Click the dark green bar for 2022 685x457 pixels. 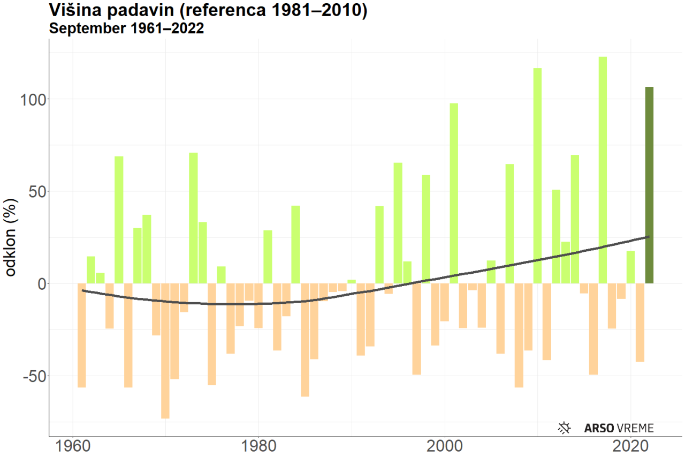tap(649, 185)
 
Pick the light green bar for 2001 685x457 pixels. tap(454, 193)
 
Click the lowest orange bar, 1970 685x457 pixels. tap(165, 350)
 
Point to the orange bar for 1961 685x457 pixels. tap(82, 335)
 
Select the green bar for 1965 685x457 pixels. tap(119, 220)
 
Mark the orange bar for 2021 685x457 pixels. tap(640, 323)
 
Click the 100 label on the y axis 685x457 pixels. tap(35, 100)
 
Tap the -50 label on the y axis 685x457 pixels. tap(34, 376)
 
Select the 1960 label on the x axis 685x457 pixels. tap(73, 446)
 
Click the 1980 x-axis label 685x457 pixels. tap(258, 446)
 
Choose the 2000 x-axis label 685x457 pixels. tap(445, 446)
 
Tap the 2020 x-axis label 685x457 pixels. tap(630, 446)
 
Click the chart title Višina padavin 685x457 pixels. tap(208, 10)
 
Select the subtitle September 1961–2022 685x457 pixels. tap(126, 28)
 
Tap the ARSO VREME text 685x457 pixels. tap(619, 428)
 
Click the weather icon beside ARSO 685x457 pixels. tap(565, 428)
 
